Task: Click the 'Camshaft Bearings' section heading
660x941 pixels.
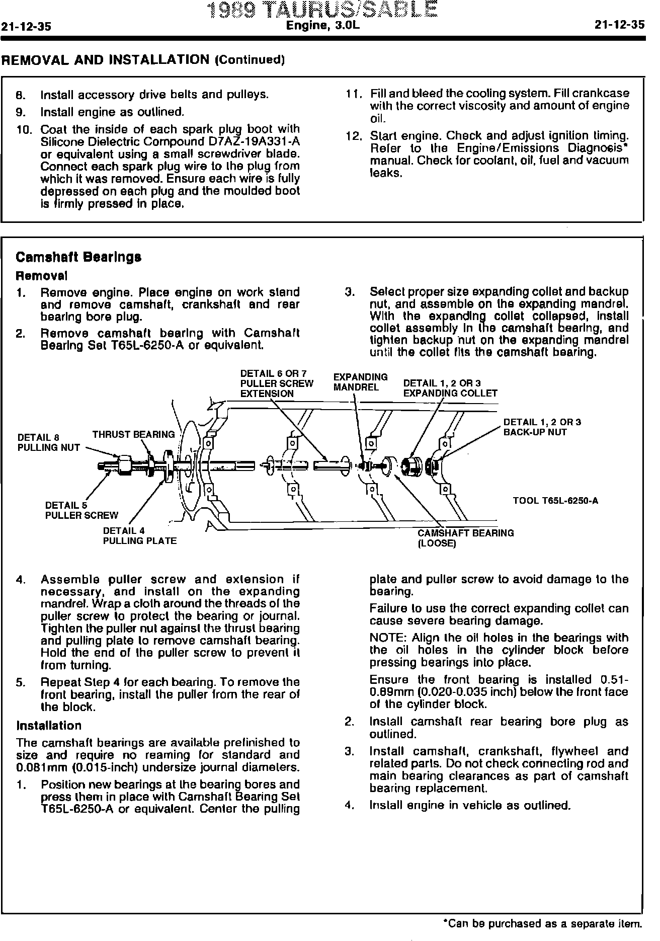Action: (x=78, y=257)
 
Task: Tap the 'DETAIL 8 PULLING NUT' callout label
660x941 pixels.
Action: (x=48, y=442)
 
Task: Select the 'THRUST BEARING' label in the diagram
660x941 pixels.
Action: (x=133, y=434)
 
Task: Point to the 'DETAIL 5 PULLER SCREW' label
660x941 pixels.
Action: (x=81, y=510)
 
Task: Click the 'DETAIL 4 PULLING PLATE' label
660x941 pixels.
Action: (x=139, y=536)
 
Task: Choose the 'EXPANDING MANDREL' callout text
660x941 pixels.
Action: (x=360, y=382)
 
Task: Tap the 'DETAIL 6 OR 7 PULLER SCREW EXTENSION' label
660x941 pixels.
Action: (x=276, y=383)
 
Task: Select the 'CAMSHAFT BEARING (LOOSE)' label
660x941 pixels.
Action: (x=465, y=538)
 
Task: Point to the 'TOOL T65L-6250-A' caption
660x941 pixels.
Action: (x=555, y=501)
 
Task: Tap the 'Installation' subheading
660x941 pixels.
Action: (x=49, y=726)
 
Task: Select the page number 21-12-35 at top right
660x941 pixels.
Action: (x=619, y=26)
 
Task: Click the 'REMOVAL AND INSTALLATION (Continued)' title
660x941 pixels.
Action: (x=143, y=60)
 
